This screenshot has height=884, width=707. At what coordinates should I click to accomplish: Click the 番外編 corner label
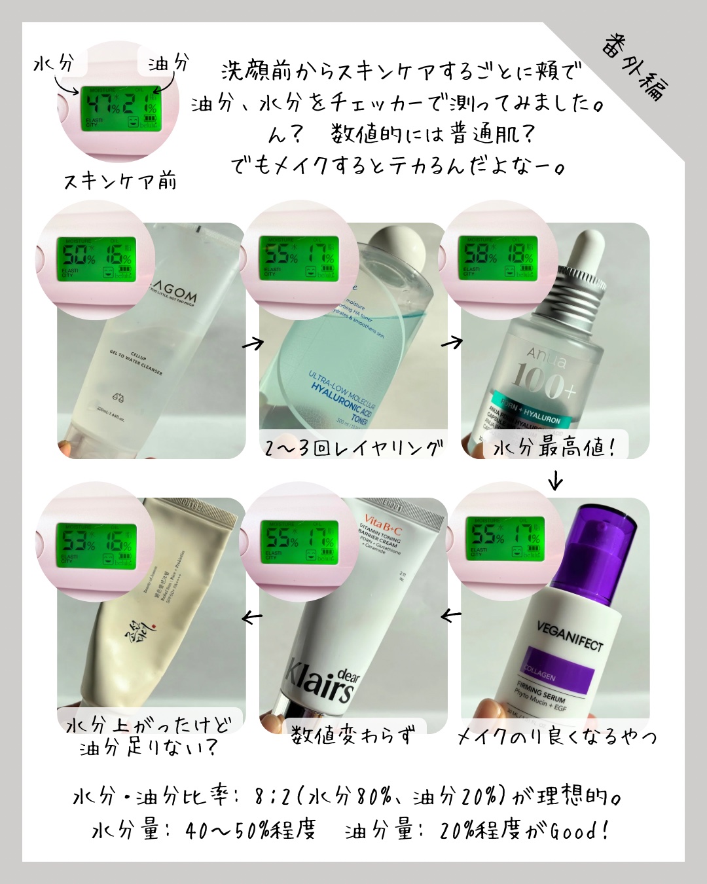(x=632, y=66)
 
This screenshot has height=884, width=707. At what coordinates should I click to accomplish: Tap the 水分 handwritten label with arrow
(x=54, y=64)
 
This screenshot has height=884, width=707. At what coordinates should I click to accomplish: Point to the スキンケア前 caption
(x=120, y=181)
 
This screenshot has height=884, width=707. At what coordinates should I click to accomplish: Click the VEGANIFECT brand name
(x=570, y=635)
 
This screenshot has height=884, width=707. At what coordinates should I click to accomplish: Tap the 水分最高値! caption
(x=554, y=448)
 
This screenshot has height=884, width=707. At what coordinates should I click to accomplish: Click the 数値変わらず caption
(x=353, y=735)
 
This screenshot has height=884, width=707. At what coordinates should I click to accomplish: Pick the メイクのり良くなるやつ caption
(x=557, y=737)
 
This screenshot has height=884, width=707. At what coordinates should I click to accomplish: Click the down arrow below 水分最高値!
(x=556, y=481)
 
